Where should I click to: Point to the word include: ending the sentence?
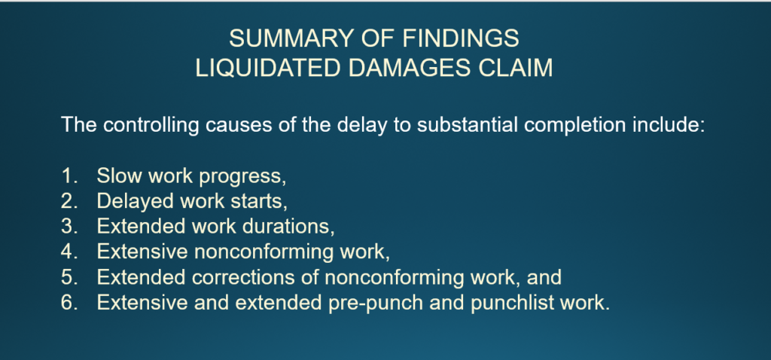[669, 125]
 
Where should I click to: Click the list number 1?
[69, 175]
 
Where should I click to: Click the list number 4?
[69, 252]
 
